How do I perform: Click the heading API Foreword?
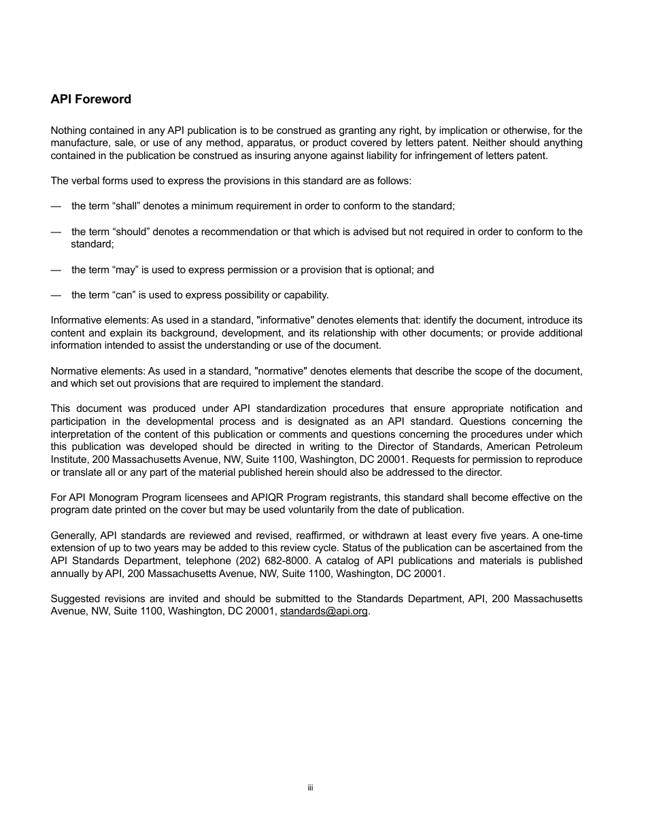[90, 99]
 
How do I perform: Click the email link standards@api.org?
[324, 611]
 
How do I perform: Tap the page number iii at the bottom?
[310, 788]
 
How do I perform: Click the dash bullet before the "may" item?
[56, 270]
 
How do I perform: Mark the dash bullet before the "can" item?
[56, 295]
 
